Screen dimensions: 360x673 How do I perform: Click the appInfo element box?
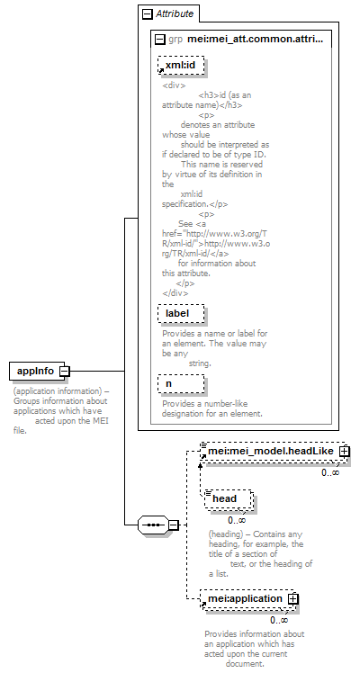tap(37, 371)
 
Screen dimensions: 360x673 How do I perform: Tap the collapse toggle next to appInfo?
tap(65, 372)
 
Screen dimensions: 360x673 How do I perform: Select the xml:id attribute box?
tap(181, 66)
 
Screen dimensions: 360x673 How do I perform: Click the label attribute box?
tap(181, 314)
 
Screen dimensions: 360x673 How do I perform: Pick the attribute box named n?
tap(181, 383)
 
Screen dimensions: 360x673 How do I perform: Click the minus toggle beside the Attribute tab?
tap(148, 14)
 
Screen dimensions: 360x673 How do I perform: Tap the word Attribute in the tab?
tap(175, 13)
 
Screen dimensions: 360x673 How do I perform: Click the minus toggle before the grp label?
tap(159, 40)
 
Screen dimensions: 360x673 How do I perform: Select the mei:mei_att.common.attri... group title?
tap(256, 40)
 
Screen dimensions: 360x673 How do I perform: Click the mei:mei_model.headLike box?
tap(274, 452)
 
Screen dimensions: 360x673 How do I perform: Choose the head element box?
tap(228, 498)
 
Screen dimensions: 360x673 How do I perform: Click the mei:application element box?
tap(248, 598)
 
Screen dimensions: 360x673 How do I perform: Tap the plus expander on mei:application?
tap(293, 598)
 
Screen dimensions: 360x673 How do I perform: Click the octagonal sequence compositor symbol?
tap(153, 525)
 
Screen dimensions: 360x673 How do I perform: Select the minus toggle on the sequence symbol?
tap(174, 525)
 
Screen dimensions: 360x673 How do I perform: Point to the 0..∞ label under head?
tap(237, 520)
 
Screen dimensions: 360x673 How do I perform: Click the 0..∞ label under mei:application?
tap(279, 620)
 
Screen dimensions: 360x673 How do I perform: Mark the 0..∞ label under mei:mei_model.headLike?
tap(330, 472)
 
